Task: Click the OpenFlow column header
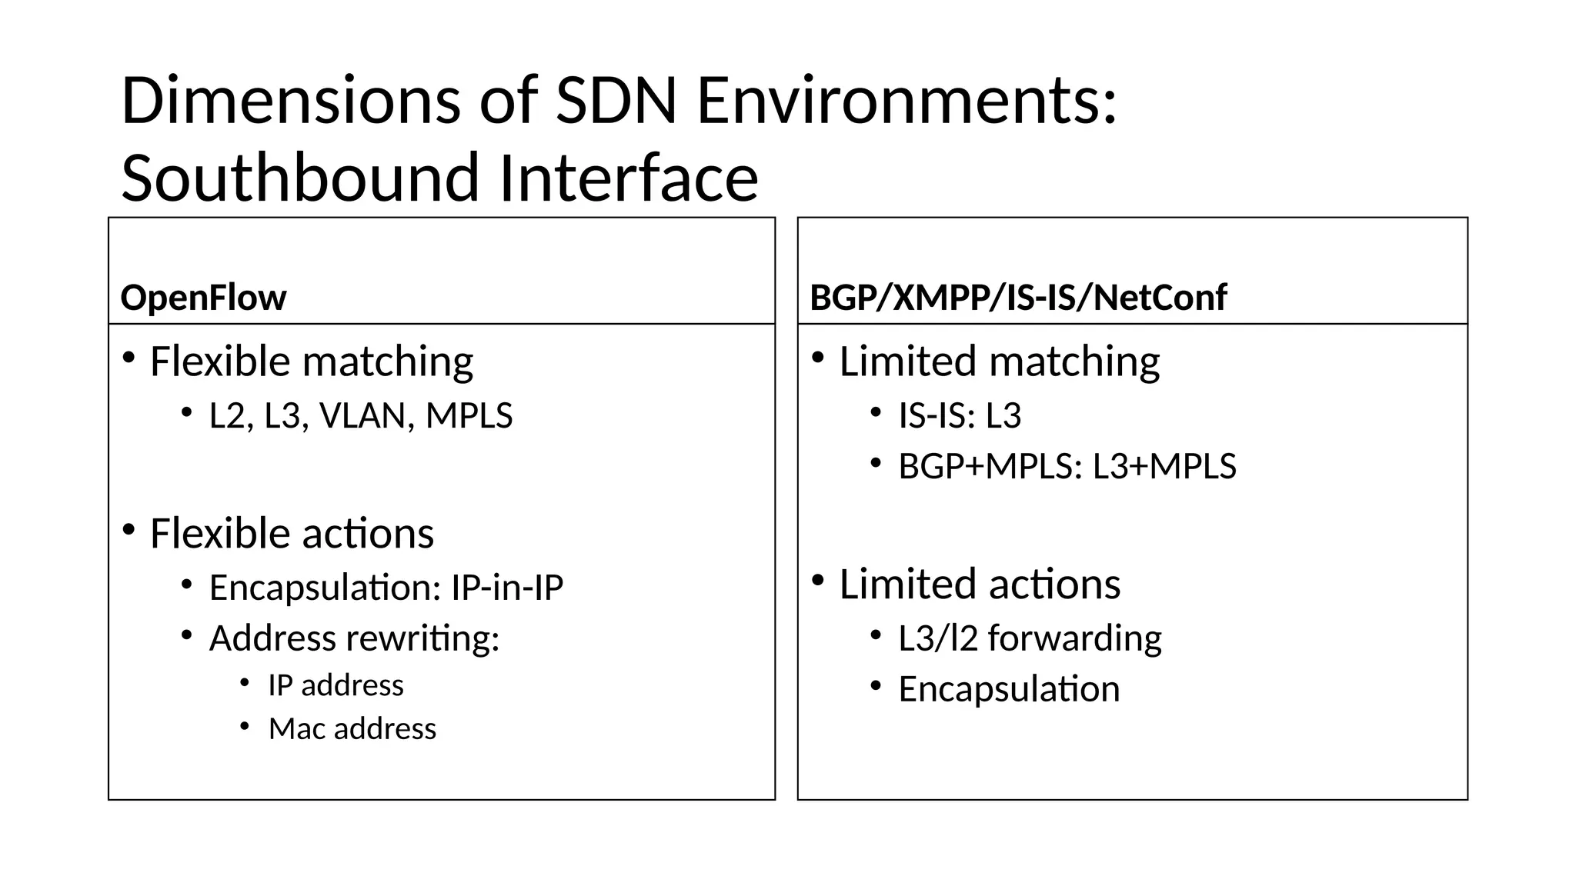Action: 203,298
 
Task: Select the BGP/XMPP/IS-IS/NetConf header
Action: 1018,298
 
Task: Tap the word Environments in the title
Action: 907,101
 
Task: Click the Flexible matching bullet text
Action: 312,361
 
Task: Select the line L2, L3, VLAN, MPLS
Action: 361,416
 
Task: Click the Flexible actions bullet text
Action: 292,534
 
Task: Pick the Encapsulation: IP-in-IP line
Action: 386,588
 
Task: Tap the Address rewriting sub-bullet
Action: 354,638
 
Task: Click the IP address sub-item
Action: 336,685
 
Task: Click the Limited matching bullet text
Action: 999,361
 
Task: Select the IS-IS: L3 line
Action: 960,416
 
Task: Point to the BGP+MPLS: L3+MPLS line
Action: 1067,467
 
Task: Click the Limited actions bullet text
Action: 980,585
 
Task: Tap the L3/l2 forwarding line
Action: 1030,638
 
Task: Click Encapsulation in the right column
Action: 1009,689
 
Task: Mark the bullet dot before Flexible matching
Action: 129,357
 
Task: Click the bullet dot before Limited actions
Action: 818,579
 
